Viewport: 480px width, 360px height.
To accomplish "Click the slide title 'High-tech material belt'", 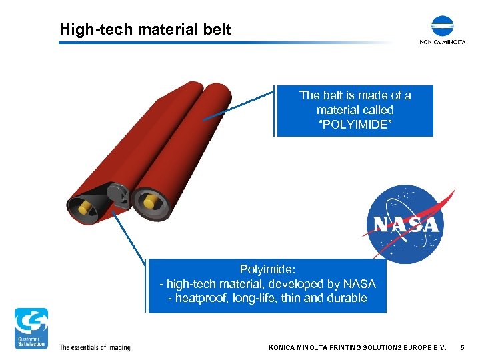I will coord(145,29).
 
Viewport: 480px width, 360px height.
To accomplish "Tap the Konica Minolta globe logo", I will coord(442,25).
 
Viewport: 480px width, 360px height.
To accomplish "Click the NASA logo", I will coord(406,223).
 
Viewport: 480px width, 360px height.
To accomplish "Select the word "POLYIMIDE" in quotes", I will coord(355,125).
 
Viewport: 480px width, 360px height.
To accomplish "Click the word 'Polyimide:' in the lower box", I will coord(267,269).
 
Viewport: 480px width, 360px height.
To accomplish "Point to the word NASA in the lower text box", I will coord(358,284).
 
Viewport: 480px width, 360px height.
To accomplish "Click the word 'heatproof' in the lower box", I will coord(201,298).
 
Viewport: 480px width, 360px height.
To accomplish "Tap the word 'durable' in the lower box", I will coord(347,298).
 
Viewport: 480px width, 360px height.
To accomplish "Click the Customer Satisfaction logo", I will coord(31,327).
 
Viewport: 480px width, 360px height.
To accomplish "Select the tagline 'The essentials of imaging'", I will coord(95,347).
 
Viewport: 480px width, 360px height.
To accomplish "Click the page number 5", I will coord(463,347).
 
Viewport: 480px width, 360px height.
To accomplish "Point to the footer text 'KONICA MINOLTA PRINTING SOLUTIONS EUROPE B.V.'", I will coord(357,347).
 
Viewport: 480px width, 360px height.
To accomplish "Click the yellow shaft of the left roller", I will coord(85,209).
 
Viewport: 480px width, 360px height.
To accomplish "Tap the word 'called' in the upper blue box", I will coord(378,110).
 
